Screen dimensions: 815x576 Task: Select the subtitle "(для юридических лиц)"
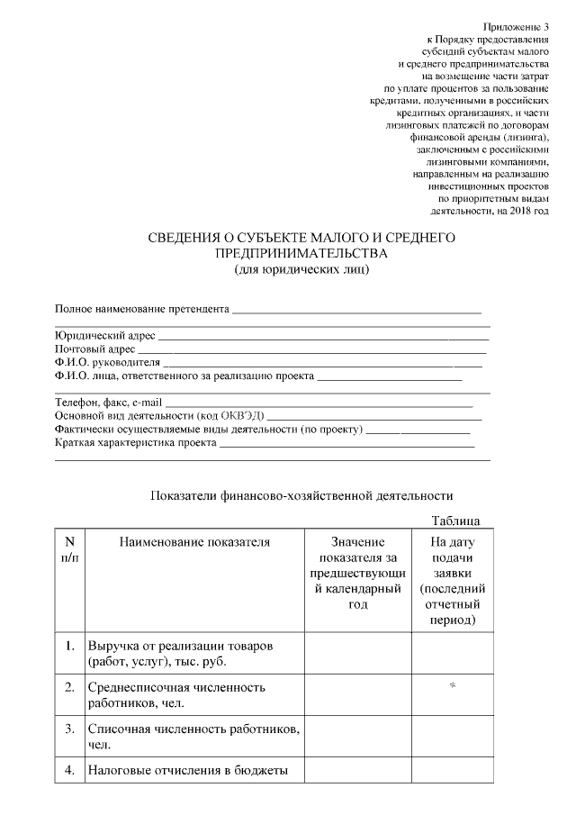click(x=301, y=268)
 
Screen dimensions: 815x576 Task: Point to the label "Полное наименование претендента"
click(x=142, y=309)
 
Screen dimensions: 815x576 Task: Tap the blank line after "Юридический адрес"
click(x=323, y=337)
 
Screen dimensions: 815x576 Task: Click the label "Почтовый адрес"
click(x=95, y=349)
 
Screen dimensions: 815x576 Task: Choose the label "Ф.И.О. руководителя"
click(x=107, y=362)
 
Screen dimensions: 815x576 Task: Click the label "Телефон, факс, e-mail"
click(x=110, y=403)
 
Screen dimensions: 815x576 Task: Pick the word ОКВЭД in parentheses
click(x=242, y=416)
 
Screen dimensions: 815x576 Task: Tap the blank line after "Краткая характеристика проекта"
click(x=346, y=444)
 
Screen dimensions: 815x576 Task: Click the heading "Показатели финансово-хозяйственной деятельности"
click(x=301, y=495)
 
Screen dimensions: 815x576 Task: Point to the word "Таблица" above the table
click(x=455, y=521)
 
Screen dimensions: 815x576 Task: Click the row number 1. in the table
click(x=69, y=647)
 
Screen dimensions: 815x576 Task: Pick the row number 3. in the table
click(x=69, y=728)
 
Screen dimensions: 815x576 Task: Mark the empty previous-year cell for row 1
click(x=358, y=655)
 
